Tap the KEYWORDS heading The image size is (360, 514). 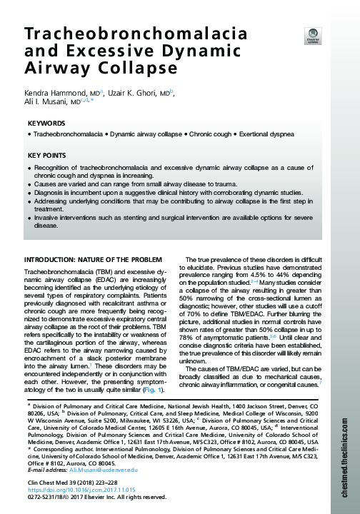point(46,123)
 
